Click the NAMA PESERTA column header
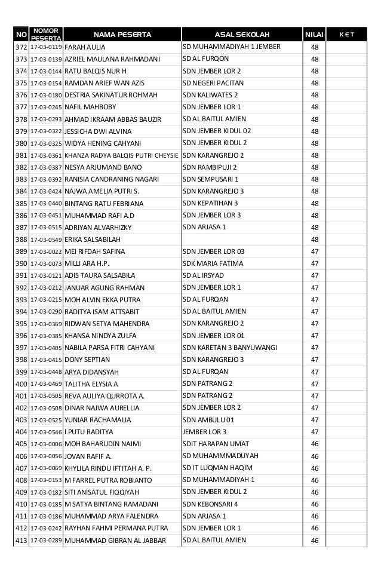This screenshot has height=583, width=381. point(122,35)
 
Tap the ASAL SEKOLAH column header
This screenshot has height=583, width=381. point(242,35)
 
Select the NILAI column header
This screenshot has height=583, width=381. point(314,35)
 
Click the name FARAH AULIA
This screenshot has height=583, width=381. point(85,47)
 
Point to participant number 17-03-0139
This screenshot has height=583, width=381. point(46,59)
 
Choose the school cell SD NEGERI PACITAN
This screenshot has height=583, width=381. point(210,83)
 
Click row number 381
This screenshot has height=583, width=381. point(21,155)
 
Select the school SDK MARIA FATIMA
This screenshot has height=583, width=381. point(213,263)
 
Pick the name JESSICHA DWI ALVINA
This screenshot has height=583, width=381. point(98,131)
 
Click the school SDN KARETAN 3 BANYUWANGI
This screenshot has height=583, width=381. point(230,348)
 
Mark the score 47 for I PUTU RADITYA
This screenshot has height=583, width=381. point(314,432)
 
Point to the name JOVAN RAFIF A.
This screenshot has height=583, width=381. point(87,456)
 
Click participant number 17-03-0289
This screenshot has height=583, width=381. point(46,540)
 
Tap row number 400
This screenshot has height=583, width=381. point(21,383)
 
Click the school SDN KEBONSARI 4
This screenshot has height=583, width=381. point(210,504)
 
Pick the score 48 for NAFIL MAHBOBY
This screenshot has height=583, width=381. point(314,107)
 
